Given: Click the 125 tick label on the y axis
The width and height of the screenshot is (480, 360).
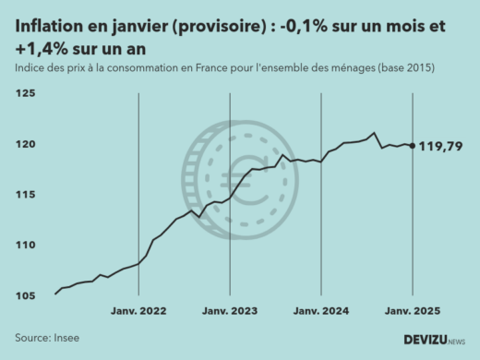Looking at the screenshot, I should pyautogui.click(x=25, y=93).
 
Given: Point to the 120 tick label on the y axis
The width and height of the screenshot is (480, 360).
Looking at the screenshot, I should pyautogui.click(x=25, y=144).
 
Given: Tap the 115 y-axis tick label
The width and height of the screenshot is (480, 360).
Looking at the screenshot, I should pyautogui.click(x=25, y=195).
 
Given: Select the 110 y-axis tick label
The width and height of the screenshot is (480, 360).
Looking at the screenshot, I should pyautogui.click(x=25, y=245).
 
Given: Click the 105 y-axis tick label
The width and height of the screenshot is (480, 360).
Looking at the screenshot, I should pyautogui.click(x=25, y=295).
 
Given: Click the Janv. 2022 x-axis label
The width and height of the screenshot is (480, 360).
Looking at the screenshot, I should pyautogui.click(x=138, y=312).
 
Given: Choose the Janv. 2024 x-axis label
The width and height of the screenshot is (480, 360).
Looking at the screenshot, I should pyautogui.click(x=320, y=312).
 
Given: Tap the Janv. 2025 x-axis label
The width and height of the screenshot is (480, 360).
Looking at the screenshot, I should pyautogui.click(x=411, y=312).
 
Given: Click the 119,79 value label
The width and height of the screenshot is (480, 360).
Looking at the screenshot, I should pyautogui.click(x=441, y=146).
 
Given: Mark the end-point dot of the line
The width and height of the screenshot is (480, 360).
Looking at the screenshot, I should pyautogui.click(x=411, y=145).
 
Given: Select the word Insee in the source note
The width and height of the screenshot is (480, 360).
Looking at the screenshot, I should pyautogui.click(x=66, y=338).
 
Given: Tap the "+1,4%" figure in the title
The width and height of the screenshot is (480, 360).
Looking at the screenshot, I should pyautogui.click(x=41, y=48).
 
